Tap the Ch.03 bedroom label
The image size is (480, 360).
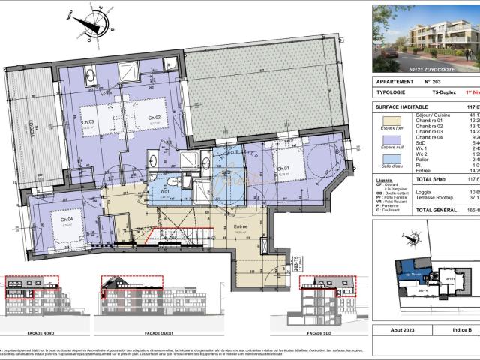[88, 121]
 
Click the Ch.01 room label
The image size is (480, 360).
[283, 169]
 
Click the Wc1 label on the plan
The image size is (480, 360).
[163, 190]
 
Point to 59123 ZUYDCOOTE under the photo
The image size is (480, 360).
[424, 68]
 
